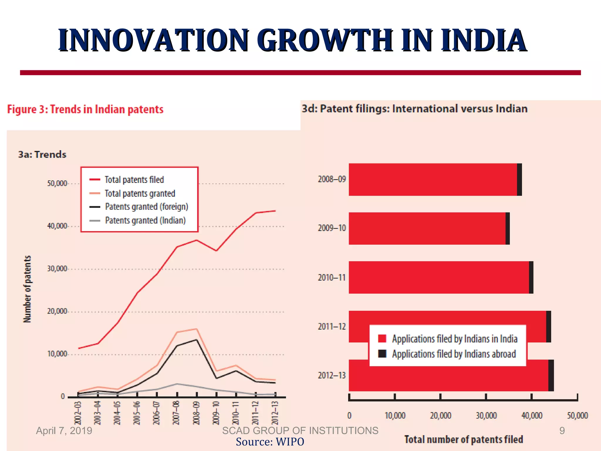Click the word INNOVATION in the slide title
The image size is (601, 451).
point(154,40)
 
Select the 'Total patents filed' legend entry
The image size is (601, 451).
point(134,179)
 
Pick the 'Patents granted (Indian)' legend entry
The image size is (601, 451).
point(145,220)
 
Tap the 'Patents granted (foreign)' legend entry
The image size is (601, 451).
point(146,207)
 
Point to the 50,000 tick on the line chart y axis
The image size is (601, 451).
point(57,184)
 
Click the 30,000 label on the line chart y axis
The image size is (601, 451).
point(57,269)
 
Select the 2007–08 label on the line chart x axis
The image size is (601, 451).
point(176,413)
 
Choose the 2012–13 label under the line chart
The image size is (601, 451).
point(275,413)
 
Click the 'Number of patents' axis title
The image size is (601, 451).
point(27,289)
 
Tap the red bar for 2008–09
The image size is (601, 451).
point(433,179)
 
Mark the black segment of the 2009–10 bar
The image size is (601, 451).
point(508,228)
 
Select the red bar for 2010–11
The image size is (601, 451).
point(439,277)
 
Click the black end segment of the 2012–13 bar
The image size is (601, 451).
point(551,375)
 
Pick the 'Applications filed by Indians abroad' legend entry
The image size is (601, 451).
point(454,354)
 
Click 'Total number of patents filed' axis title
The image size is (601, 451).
point(464,439)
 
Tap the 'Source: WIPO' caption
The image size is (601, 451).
point(270,442)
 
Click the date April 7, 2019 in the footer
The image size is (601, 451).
point(64,431)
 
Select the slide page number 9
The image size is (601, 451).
point(562,431)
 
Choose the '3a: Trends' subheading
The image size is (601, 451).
point(42,154)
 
